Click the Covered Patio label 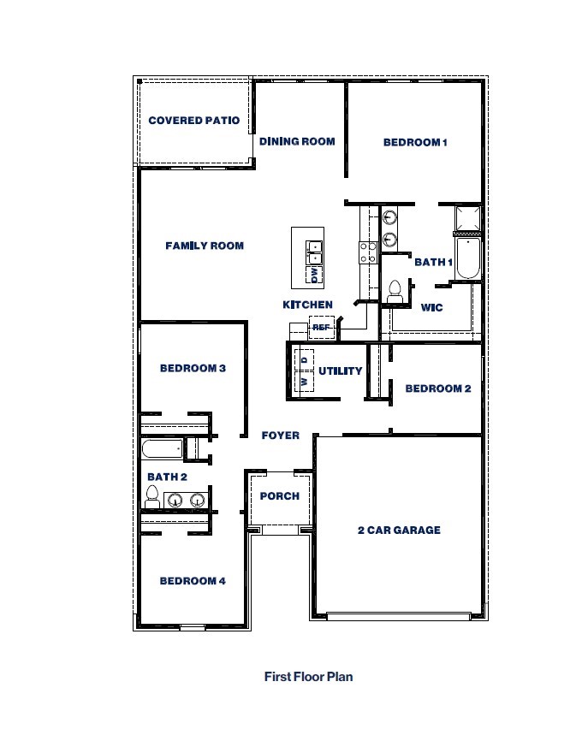[193, 121]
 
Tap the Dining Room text [297, 141]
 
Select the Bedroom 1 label [415, 142]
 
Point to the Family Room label [205, 246]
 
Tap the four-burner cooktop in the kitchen [368, 252]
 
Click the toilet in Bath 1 [395, 292]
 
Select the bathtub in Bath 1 [468, 258]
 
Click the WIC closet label [432, 307]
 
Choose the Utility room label [341, 371]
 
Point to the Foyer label [281, 436]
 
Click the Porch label [280, 495]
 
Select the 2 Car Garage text [399, 530]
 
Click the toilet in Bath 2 [153, 496]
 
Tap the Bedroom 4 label [193, 581]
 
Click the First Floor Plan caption [308, 676]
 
